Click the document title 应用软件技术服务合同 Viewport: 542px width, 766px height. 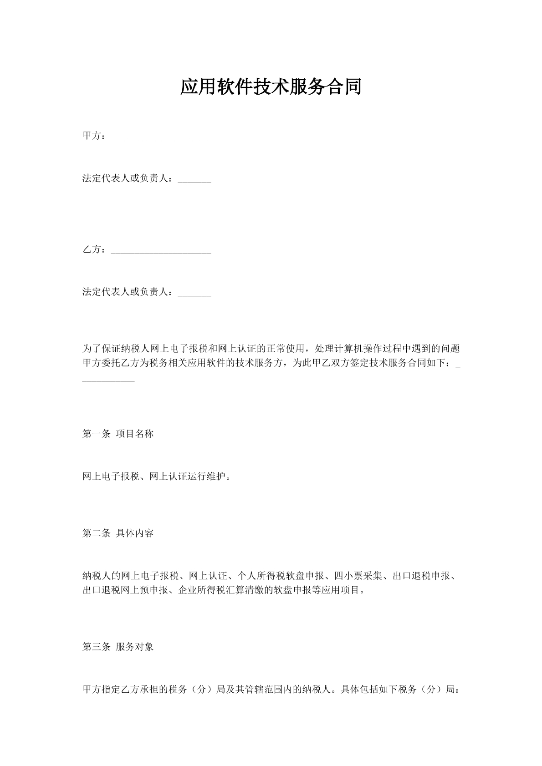pos(271,86)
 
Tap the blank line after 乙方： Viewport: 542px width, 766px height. pos(161,253)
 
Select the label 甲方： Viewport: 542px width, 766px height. pos(96,136)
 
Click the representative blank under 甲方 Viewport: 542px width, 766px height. pos(194,182)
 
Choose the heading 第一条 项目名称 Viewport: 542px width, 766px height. pos(118,434)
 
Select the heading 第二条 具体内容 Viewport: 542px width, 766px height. pos(118,533)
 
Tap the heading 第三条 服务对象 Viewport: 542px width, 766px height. pos(118,647)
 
